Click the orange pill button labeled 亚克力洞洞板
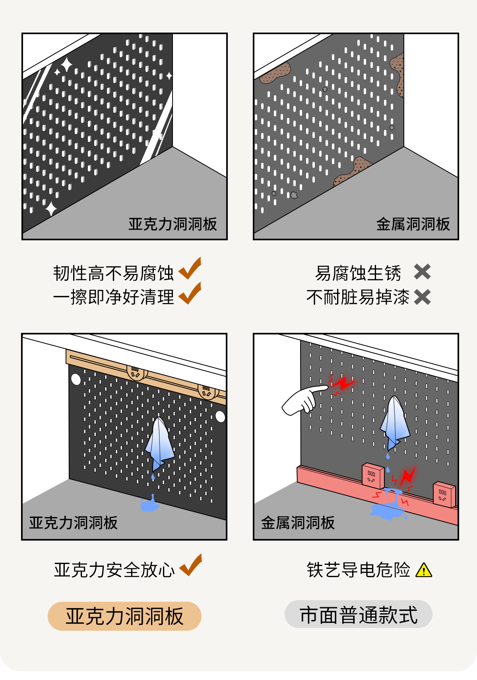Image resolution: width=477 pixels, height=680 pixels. click(124, 616)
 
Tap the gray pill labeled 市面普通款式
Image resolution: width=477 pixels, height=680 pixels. click(358, 614)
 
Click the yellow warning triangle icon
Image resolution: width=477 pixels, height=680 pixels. click(424, 570)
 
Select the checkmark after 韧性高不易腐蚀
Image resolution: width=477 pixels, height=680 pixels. click(190, 269)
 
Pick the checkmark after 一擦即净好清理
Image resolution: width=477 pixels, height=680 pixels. click(190, 294)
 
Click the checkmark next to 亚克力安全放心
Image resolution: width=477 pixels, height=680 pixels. click(191, 566)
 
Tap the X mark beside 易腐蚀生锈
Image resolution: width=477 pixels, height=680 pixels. click(422, 272)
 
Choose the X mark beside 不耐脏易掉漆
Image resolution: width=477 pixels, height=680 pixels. click(422, 297)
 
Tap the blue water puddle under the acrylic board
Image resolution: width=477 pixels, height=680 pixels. click(149, 504)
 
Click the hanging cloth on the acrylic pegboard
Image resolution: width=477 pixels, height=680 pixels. click(160, 442)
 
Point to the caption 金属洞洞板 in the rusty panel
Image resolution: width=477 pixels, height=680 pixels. click(413, 224)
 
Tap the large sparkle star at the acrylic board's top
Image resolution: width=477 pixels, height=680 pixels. click(66, 65)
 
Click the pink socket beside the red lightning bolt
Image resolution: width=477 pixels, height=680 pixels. click(373, 475)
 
